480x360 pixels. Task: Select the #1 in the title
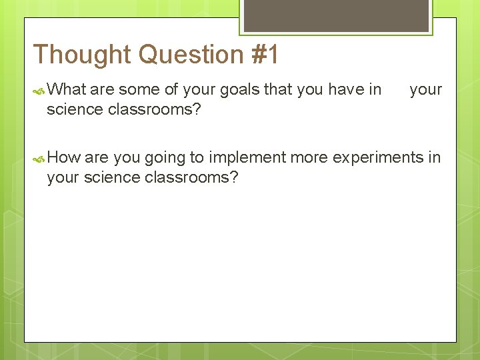click(266, 55)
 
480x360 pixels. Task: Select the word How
click(64, 157)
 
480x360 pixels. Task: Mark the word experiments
click(378, 157)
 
